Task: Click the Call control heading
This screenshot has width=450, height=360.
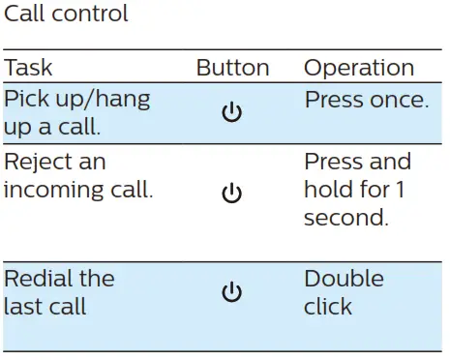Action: (x=66, y=15)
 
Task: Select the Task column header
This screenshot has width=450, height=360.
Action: (x=28, y=68)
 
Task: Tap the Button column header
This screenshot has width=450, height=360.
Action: (x=232, y=68)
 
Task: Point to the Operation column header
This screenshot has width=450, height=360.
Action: (x=359, y=68)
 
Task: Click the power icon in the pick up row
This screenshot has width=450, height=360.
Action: (x=231, y=113)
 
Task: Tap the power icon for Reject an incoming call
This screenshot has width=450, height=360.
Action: (x=231, y=195)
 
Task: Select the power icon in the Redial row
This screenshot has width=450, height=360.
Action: (x=231, y=292)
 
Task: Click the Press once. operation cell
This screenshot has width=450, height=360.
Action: (x=366, y=100)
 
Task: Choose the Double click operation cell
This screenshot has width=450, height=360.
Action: (x=344, y=292)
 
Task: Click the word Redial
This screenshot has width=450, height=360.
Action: (x=36, y=279)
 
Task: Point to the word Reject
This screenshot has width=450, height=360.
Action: (x=35, y=162)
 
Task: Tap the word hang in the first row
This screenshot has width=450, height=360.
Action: (x=123, y=100)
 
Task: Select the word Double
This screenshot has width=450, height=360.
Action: (x=344, y=279)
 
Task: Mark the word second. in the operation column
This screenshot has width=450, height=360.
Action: (x=345, y=219)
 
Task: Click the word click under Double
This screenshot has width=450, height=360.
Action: (x=327, y=307)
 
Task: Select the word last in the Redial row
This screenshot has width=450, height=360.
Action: (x=20, y=307)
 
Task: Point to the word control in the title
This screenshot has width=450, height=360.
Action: (x=92, y=15)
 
